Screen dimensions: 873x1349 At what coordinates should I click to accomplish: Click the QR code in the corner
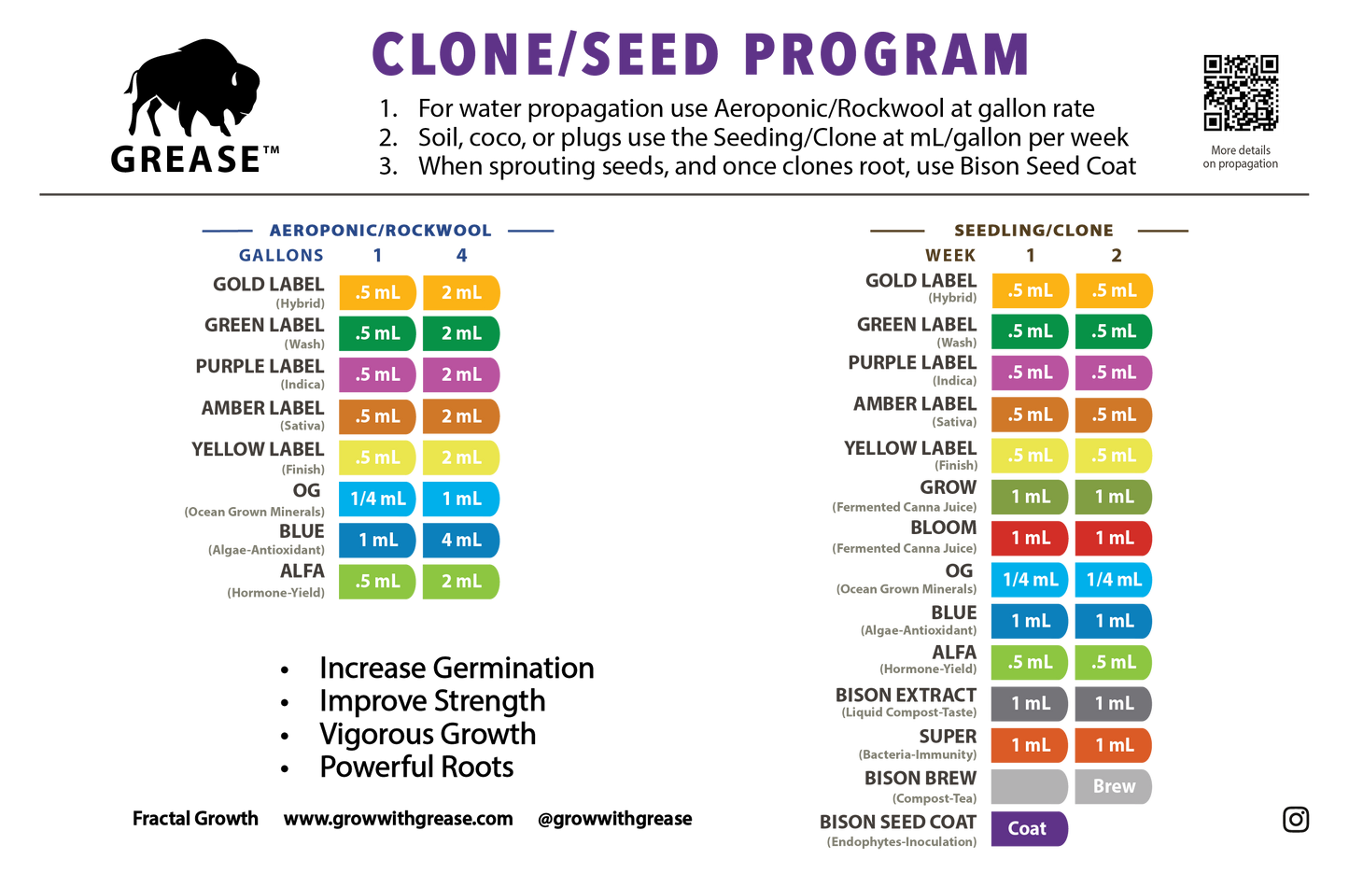[1241, 92]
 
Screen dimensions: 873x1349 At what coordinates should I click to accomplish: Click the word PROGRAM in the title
[886, 54]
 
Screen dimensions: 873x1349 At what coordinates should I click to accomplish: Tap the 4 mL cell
[461, 540]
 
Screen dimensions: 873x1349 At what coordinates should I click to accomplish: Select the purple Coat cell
[1028, 828]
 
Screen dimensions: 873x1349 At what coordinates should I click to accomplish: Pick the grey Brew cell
[1113, 786]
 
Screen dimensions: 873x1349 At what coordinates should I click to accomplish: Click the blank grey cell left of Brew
[1029, 786]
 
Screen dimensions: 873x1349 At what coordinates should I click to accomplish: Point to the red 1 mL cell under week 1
[1029, 538]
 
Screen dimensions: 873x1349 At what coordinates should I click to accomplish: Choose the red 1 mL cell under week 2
[1113, 538]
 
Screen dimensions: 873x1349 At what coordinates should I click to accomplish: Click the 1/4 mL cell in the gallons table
[377, 499]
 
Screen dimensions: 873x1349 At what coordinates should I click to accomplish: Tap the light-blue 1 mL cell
[461, 499]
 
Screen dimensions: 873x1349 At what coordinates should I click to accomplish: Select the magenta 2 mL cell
[461, 374]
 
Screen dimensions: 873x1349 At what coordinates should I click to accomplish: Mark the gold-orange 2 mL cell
[461, 292]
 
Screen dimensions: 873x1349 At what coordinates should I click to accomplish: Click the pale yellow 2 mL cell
[461, 458]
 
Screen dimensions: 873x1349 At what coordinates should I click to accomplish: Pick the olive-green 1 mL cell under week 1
[1029, 497]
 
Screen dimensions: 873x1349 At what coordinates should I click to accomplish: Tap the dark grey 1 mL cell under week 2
[1113, 703]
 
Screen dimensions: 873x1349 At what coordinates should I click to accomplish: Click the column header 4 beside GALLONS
[461, 255]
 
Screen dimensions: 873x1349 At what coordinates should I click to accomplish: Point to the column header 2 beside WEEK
[1116, 255]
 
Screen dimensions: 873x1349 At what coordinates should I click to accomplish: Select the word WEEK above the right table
[950, 255]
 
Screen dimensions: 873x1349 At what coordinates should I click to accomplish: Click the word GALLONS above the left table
[281, 255]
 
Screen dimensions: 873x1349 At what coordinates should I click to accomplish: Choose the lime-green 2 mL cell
[461, 581]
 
